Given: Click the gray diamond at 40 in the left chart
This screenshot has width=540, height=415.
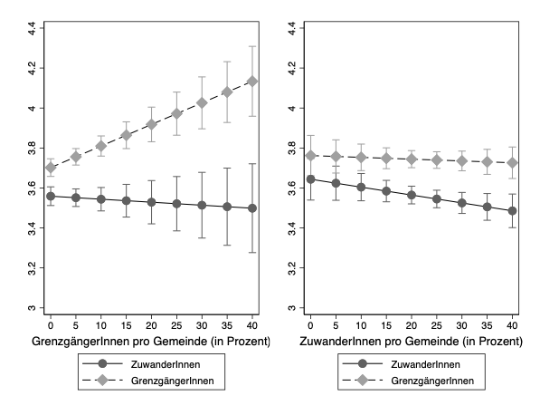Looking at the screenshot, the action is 252,82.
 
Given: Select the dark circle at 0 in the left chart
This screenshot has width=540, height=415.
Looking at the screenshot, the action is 51,197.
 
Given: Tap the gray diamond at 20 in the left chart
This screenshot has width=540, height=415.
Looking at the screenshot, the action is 152,124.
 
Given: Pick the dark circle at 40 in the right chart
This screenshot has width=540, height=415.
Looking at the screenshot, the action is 513,211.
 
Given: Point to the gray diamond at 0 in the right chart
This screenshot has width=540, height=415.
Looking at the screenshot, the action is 310,156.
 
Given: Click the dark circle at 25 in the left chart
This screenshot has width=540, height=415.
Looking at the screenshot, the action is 176,204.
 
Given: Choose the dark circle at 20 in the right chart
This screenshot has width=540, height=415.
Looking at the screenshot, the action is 412,195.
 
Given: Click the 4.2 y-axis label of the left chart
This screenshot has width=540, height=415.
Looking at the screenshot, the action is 32,68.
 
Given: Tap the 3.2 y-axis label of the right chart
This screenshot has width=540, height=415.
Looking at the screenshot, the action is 291,267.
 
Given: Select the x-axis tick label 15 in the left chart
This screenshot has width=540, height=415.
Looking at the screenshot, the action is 126,325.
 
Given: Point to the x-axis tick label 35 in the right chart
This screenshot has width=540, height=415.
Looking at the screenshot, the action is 487,325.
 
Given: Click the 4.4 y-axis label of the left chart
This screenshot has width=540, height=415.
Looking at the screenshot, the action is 32,28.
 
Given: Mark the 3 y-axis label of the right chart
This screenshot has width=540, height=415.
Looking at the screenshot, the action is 291,307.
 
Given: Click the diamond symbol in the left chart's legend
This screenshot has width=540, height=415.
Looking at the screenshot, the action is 102,381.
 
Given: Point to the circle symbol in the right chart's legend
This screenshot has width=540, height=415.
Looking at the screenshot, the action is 363,363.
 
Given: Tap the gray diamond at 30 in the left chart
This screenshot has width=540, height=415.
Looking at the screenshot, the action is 202,102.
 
